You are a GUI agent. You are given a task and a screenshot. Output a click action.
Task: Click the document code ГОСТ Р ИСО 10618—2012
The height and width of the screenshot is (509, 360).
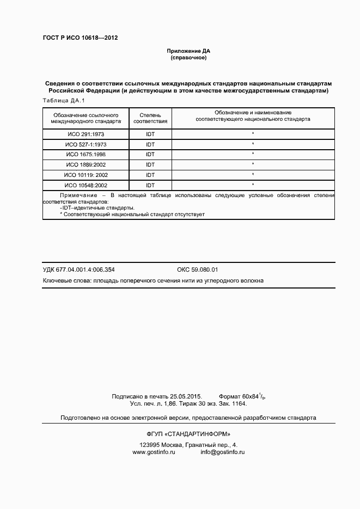80,38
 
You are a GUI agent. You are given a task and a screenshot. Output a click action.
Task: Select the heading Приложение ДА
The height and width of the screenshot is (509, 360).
188,51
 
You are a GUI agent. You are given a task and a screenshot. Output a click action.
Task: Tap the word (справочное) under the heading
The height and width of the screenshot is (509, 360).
188,57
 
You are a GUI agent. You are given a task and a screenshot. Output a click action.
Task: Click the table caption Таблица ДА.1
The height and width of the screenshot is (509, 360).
64,101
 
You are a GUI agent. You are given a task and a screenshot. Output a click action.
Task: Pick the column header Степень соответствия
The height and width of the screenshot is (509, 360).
150,119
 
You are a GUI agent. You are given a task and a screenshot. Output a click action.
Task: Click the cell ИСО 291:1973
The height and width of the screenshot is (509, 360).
86,134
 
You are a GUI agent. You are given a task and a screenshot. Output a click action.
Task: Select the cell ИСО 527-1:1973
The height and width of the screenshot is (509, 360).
86,144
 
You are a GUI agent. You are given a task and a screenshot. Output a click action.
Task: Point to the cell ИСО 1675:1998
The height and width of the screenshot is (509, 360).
86,155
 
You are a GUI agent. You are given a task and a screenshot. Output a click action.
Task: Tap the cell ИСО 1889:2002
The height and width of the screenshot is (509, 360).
86,164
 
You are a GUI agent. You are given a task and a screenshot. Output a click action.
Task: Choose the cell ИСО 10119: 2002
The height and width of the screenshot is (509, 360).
86,175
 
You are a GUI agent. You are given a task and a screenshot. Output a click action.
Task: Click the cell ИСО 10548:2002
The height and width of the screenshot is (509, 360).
86,185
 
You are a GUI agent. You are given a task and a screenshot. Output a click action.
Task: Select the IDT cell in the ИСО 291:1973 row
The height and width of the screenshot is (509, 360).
150,134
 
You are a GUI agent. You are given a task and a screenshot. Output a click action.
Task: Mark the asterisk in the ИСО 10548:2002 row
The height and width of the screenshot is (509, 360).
253,185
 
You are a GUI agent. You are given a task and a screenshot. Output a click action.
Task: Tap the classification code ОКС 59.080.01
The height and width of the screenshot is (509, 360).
197,269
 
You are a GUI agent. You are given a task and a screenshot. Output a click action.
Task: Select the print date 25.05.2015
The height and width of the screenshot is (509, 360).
186,396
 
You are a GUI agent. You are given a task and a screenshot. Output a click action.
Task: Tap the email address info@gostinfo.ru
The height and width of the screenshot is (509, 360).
222,452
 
